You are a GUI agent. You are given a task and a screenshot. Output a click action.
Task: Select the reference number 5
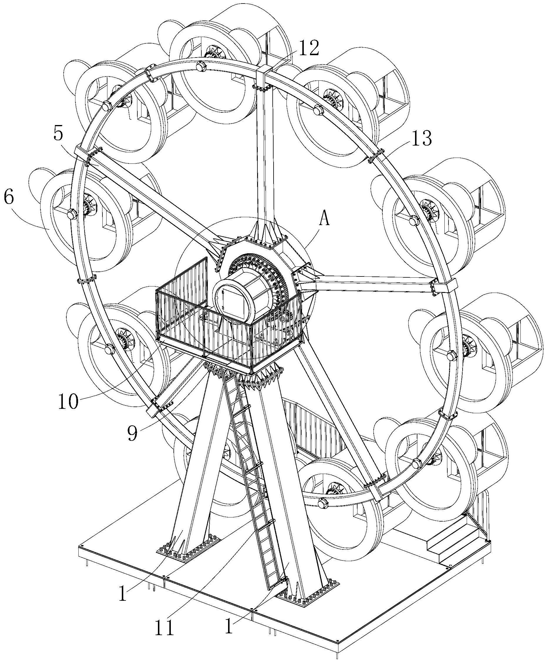[58, 134]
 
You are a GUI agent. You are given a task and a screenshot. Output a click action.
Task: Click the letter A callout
[324, 219]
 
